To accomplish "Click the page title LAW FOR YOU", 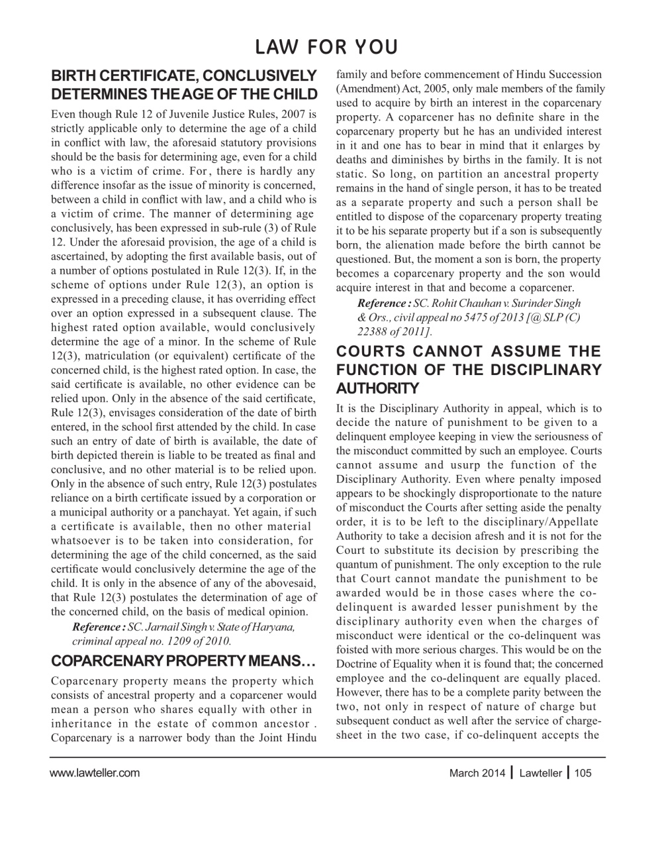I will [326, 47].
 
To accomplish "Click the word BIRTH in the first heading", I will [75, 76].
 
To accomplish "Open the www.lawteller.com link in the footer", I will [95, 772].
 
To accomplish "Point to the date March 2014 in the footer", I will [477, 772].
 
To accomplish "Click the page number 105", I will [583, 772].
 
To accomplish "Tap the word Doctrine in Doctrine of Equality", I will [357, 664].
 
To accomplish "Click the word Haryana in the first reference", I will [274, 627].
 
